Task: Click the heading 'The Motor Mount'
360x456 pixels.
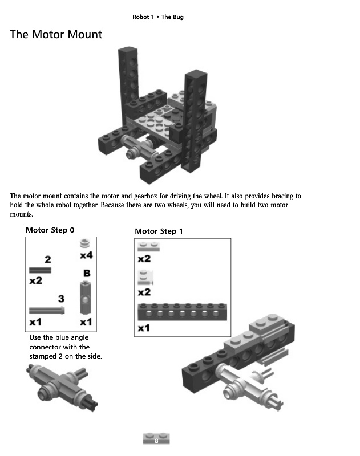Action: pos(56,35)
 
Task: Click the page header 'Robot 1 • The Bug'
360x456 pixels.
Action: pos(157,17)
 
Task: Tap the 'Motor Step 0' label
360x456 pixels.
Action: pos(50,230)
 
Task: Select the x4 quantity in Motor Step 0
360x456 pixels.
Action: pos(86,255)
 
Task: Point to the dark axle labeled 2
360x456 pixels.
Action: pos(40,270)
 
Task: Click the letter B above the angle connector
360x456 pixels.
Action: pos(86,274)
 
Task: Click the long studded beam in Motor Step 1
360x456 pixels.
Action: pos(183,312)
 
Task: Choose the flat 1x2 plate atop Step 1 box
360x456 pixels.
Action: pos(148,247)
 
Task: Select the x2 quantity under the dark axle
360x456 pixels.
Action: pos(35,280)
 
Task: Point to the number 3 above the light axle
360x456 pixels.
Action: pos(61,298)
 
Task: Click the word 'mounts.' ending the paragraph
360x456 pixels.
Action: pos(21,215)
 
